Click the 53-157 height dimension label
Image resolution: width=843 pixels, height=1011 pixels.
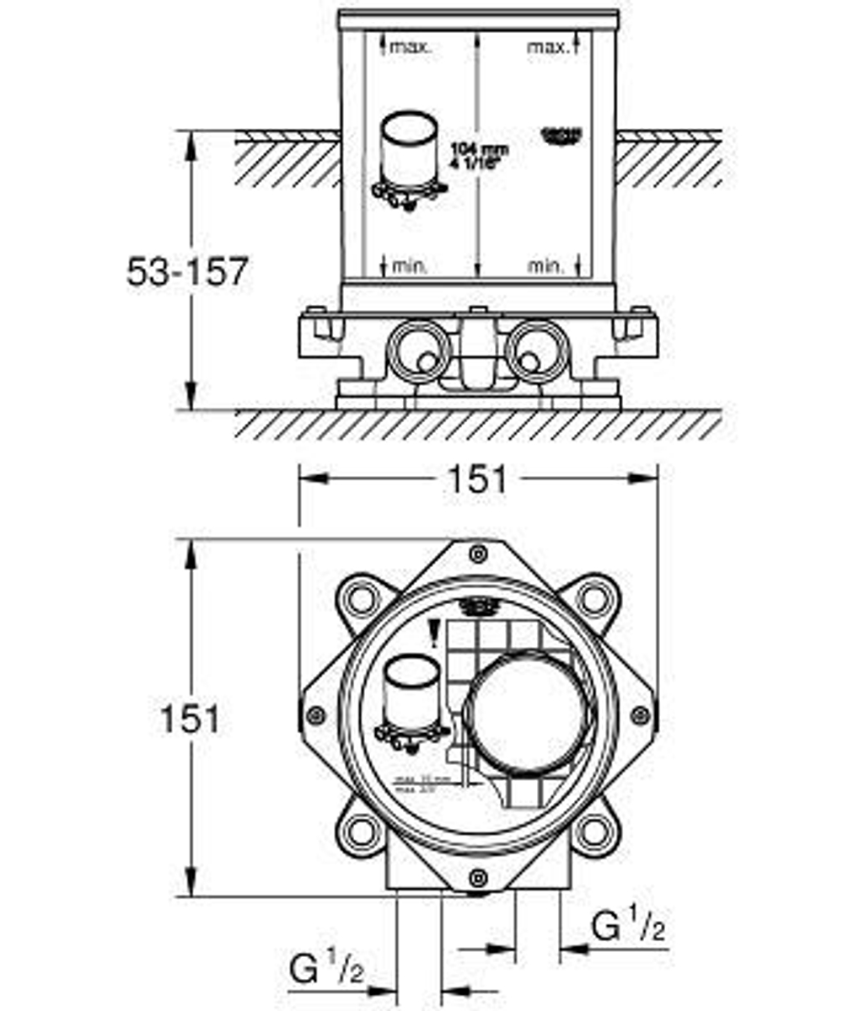[x=187, y=271]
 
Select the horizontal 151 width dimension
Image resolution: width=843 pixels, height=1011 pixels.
[x=477, y=479]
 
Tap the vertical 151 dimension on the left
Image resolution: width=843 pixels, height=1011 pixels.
[x=190, y=719]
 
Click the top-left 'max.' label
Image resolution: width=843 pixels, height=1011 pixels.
[x=410, y=47]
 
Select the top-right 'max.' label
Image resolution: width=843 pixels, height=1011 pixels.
[x=547, y=47]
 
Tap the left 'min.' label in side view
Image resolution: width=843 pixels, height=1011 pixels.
[x=410, y=266]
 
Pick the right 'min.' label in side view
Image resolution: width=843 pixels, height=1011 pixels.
[x=546, y=266]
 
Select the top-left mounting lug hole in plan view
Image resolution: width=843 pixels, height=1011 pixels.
[x=361, y=599]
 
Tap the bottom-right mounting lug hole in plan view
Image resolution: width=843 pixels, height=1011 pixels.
[x=594, y=833]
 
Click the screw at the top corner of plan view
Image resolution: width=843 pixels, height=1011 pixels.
[x=478, y=554]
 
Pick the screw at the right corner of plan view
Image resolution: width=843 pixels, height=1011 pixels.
[x=640, y=716]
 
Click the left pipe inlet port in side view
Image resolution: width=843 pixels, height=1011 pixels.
[x=419, y=353]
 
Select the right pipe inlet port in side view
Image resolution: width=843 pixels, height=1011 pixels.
[x=535, y=353]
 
